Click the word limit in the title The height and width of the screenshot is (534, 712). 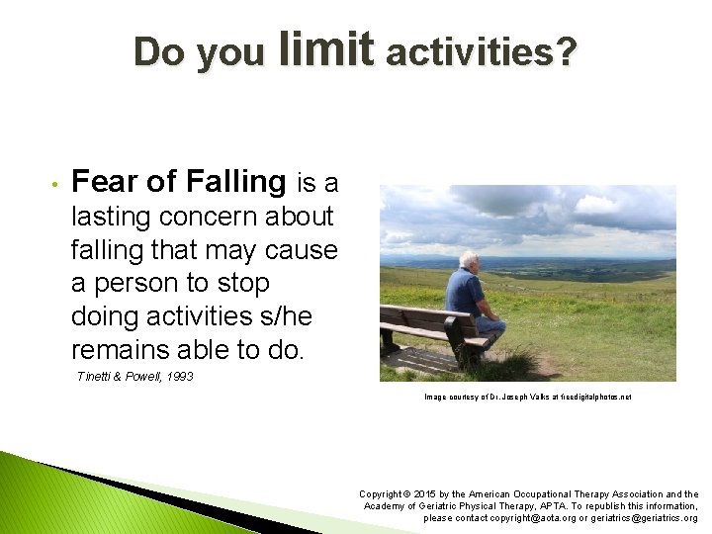pos(327,49)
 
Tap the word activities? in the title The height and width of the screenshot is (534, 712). pos(481,51)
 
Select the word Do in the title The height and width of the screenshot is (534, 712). pos(158,51)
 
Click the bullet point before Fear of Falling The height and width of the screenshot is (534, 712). pos(57,184)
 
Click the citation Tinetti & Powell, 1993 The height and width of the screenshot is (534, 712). pos(134,377)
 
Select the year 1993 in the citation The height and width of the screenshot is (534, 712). pos(178,377)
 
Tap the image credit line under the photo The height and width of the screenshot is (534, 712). pos(527,397)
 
